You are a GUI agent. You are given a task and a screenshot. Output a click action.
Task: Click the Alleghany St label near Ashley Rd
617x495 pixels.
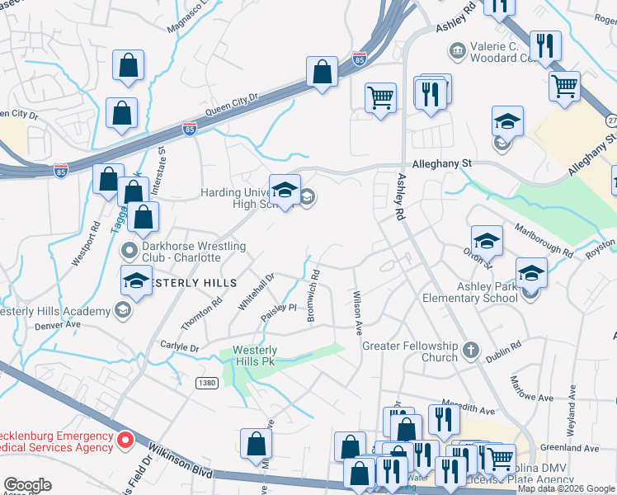pyautogui.click(x=441, y=163)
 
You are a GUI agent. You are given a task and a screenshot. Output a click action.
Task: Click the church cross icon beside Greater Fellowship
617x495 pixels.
pyautogui.click(x=471, y=350)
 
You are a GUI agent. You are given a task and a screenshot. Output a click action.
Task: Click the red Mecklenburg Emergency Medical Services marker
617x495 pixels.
pyautogui.click(x=125, y=441)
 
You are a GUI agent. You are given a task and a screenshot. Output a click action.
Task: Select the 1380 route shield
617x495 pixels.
pyautogui.click(x=208, y=384)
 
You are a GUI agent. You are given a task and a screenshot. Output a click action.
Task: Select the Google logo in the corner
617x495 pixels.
pyautogui.click(x=26, y=485)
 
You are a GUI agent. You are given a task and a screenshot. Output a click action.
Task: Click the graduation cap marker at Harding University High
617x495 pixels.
pyautogui.click(x=285, y=191)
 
